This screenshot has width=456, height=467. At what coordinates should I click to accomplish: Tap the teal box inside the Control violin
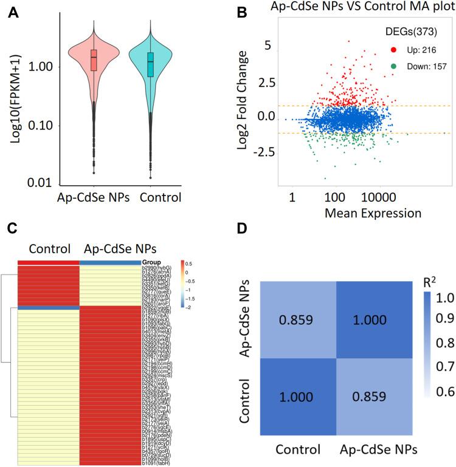[151, 63]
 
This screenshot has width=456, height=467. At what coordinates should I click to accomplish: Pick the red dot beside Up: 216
[393, 48]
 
